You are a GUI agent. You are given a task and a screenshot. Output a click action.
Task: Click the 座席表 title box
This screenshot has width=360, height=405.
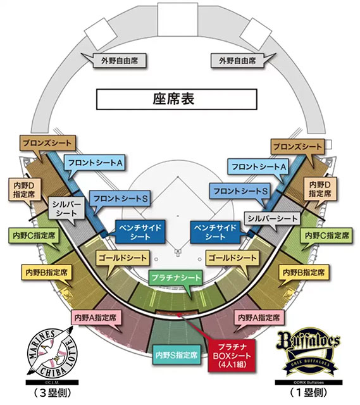pyautogui.click(x=177, y=99)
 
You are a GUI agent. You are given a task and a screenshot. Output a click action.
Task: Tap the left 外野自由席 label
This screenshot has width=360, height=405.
pyautogui.click(x=120, y=61)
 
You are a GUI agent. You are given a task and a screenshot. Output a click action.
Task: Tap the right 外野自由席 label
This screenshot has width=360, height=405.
pyautogui.click(x=238, y=61)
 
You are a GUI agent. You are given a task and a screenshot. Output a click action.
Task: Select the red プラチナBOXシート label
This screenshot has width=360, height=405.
pyautogui.click(x=232, y=356)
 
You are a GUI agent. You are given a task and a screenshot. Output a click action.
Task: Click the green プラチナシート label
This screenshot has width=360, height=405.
pyautogui.click(x=176, y=278)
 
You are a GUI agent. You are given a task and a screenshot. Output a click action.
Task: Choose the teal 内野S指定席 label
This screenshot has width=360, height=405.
pyautogui.click(x=177, y=355)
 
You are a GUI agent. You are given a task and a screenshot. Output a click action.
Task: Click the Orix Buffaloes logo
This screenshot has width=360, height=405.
pyautogui.click(x=308, y=352)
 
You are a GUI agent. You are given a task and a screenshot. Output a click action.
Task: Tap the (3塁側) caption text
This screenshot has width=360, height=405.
pyautogui.click(x=52, y=393)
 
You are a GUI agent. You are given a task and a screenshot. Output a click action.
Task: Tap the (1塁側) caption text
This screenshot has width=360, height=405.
pyautogui.click(x=308, y=393)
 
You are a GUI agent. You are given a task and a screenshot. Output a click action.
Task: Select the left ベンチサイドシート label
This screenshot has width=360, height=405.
pyautogui.click(x=140, y=232)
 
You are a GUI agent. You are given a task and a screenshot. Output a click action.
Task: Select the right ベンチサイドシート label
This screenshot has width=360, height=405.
pyautogui.click(x=215, y=232)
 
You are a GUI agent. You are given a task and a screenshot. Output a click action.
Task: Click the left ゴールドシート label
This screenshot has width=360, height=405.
pyautogui.click(x=123, y=258)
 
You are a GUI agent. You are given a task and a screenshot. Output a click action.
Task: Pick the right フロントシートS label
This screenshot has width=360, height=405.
pyautogui.click(x=240, y=191)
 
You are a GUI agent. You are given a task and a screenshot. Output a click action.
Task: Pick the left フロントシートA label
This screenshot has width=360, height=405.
pyautogui.click(x=94, y=163)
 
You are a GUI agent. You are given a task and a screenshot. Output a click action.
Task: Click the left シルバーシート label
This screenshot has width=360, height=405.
pyautogui.click(x=66, y=208)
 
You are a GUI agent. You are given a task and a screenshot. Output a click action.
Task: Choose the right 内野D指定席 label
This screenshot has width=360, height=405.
pyautogui.click(x=320, y=189)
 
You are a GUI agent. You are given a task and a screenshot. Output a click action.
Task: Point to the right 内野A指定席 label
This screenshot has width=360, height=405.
pyautogui.click(x=259, y=317)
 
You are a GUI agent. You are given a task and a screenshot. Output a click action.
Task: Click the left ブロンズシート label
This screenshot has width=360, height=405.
pyautogui.click(x=47, y=143)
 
